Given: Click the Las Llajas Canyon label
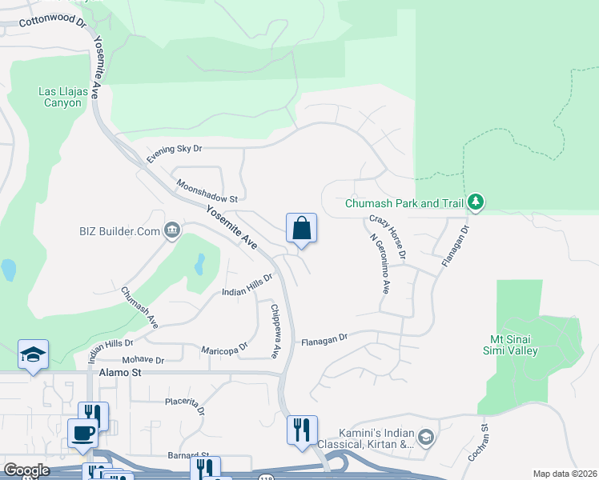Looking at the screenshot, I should (x=60, y=97).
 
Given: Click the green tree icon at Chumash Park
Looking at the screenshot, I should (x=476, y=202).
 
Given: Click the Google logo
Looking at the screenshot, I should (x=26, y=470).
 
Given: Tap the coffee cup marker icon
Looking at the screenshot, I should (x=82, y=434).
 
